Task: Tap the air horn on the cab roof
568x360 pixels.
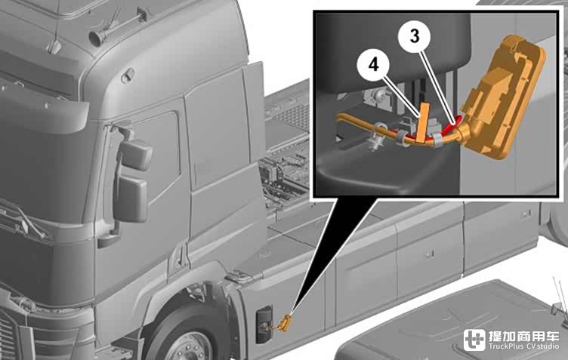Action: coord(97,37)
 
